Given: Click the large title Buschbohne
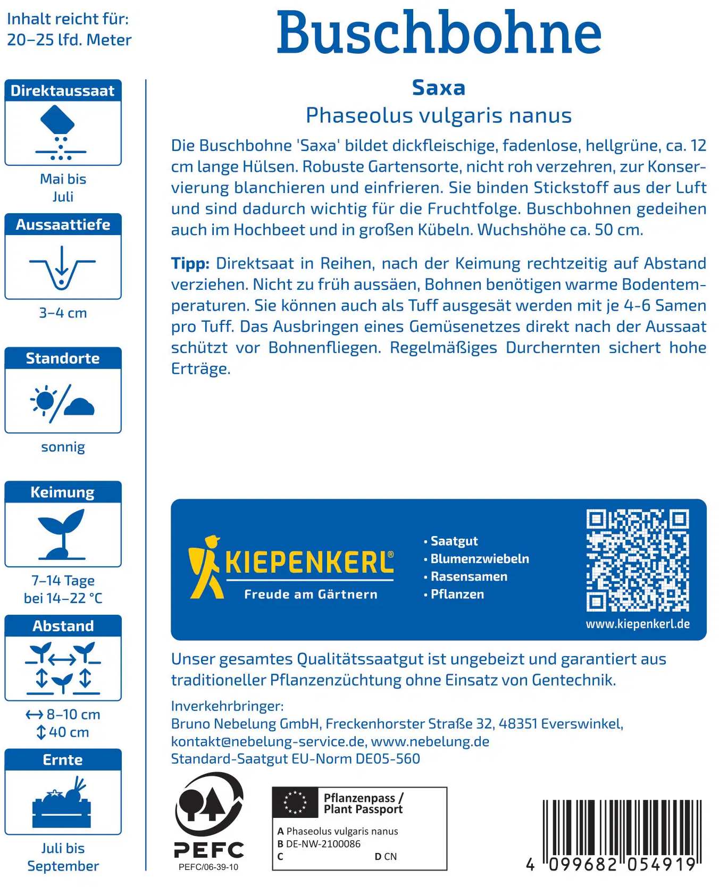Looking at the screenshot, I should click(x=439, y=33).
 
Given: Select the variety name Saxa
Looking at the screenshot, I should click(x=439, y=88).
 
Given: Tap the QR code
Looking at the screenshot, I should click(x=638, y=560).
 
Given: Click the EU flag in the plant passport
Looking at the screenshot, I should click(x=295, y=802).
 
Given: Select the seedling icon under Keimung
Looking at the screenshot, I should click(x=62, y=534).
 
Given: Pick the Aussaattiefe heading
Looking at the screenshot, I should click(x=63, y=225).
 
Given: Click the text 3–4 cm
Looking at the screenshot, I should click(x=63, y=313).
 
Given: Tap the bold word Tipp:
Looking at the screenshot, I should click(x=190, y=263).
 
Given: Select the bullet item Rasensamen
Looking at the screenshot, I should click(x=469, y=576).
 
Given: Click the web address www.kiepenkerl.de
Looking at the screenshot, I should click(x=638, y=624).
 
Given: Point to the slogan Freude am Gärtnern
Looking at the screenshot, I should click(x=311, y=595).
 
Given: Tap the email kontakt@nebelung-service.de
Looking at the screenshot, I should click(x=268, y=741).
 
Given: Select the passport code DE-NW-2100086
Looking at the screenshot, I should click(x=323, y=844).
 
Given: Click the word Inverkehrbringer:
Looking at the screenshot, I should click(x=228, y=706).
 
